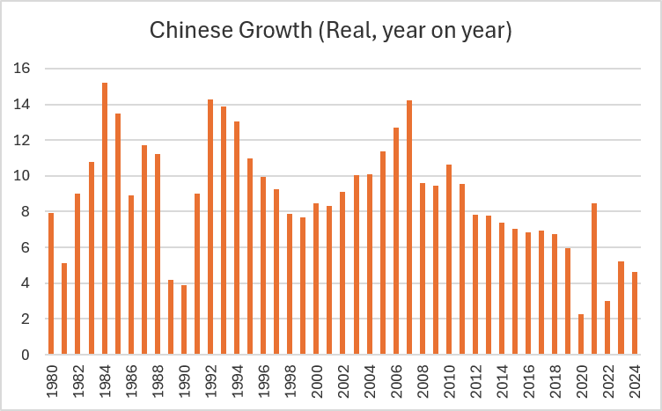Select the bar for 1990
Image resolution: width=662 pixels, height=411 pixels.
point(184,320)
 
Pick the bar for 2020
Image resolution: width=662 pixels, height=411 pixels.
point(581,334)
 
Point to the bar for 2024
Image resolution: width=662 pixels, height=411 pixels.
point(634,313)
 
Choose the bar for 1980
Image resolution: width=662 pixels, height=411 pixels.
point(51,283)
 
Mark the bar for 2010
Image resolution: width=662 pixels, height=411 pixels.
point(449,260)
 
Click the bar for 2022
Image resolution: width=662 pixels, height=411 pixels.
point(607,327)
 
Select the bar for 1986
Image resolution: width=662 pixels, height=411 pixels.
point(131,275)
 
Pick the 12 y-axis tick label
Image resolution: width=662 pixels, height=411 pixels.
point(24,141)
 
